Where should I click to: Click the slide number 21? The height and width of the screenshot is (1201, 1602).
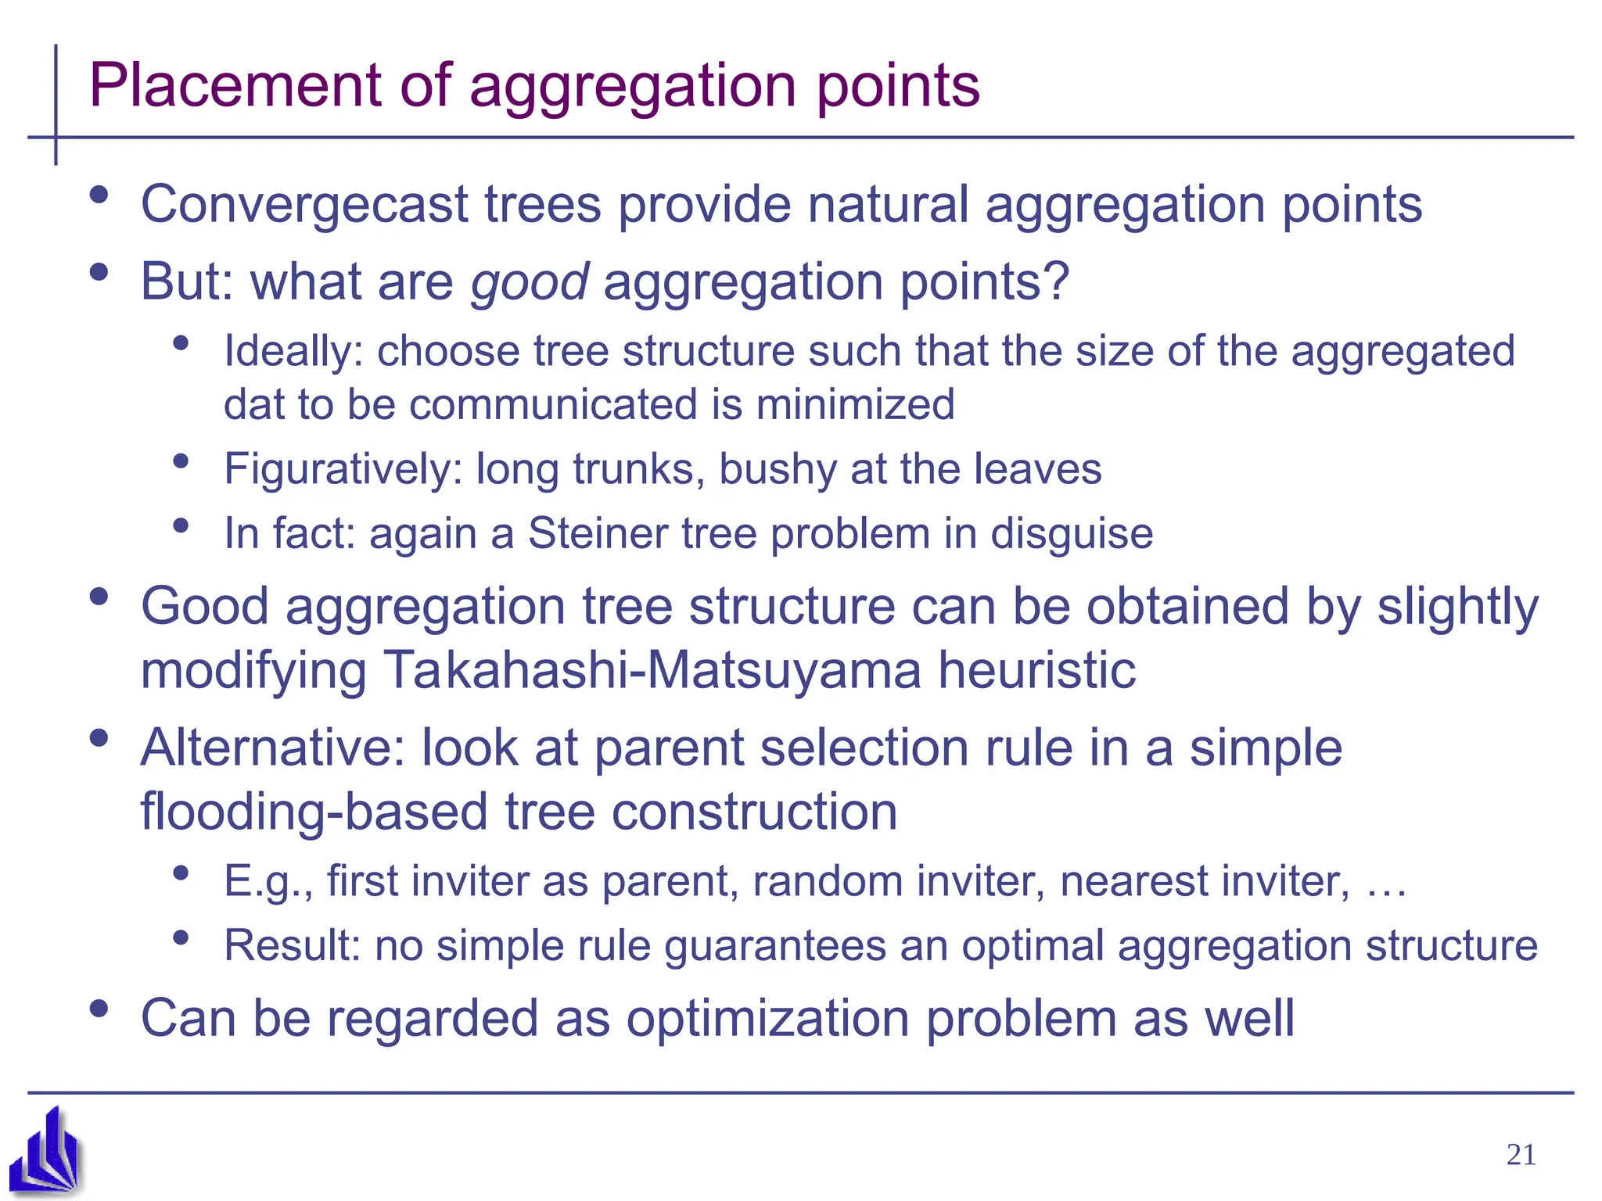(1521, 1155)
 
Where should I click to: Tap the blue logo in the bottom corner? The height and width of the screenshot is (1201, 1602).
(46, 1151)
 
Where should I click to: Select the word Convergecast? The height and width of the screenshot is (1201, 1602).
(304, 205)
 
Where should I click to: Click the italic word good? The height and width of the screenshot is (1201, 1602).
(529, 281)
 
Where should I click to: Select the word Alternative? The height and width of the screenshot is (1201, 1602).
(272, 747)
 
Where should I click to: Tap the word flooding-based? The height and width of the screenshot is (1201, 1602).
(314, 812)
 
